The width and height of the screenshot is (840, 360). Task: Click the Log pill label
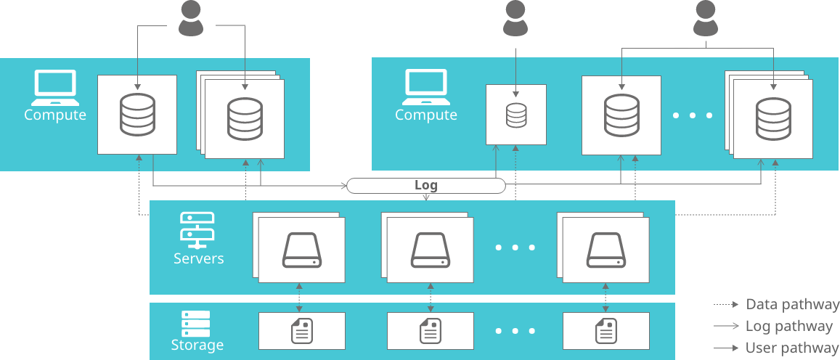tap(426, 185)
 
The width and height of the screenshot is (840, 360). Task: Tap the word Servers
tap(199, 258)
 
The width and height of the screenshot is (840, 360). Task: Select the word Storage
tap(197, 345)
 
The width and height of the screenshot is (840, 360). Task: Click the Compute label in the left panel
tap(55, 115)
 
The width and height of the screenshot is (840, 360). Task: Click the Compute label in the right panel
tap(426, 115)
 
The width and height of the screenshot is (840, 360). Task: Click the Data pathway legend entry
tap(792, 305)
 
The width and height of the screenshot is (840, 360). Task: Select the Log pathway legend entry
tap(788, 327)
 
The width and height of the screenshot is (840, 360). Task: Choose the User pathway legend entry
tap(791, 348)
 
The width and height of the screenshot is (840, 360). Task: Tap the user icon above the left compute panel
tap(192, 20)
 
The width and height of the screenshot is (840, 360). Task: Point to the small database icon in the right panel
tap(515, 115)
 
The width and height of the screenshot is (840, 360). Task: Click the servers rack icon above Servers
tap(197, 227)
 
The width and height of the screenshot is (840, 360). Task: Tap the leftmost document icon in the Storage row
tap(301, 331)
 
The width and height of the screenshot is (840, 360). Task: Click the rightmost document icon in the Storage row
tap(605, 331)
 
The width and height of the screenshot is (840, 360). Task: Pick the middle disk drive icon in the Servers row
tap(429, 250)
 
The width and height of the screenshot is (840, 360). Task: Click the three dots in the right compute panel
tap(693, 115)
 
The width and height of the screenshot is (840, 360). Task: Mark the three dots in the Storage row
tap(515, 332)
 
